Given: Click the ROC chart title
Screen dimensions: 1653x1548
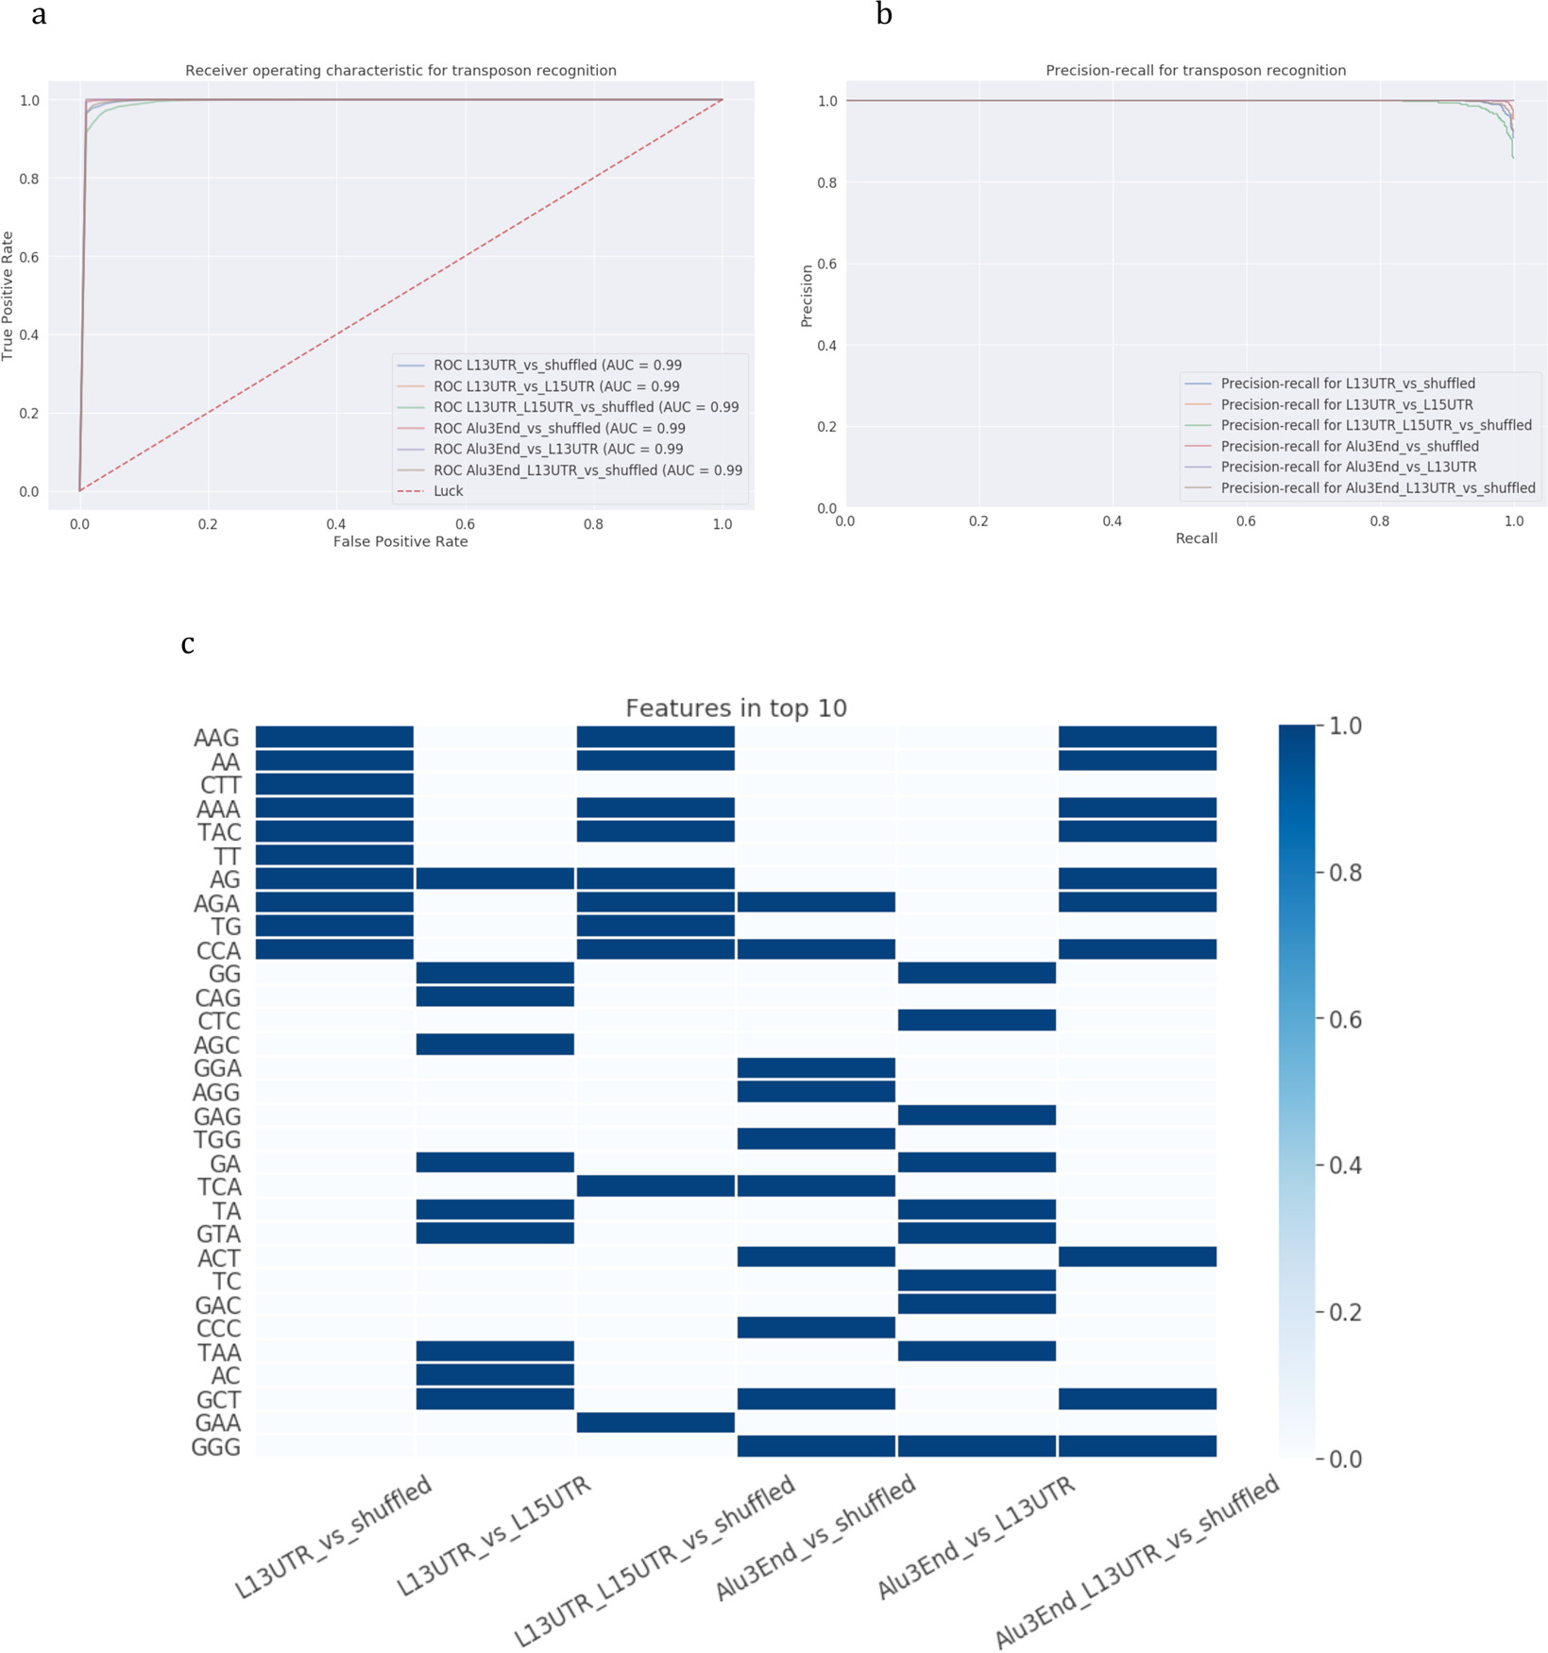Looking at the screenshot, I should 400,70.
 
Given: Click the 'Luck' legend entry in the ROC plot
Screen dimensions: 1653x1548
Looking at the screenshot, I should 448,491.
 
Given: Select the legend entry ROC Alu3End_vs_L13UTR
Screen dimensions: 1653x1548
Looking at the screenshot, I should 557,449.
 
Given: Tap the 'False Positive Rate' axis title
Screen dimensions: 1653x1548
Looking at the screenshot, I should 400,541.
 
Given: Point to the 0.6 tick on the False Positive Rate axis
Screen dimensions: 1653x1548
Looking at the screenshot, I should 465,523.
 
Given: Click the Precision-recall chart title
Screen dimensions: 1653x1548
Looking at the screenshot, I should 1196,70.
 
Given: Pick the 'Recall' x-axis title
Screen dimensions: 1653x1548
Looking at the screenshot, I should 1196,537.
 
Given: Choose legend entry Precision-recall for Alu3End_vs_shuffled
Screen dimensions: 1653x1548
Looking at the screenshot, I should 1349,446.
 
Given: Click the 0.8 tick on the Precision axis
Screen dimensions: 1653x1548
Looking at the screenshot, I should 826,182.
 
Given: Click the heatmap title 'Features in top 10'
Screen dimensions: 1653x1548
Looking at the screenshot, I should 736,707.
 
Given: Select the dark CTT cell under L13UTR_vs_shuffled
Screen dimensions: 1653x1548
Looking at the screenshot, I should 334,784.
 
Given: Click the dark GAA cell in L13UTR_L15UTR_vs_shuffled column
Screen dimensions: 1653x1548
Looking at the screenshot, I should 655,1422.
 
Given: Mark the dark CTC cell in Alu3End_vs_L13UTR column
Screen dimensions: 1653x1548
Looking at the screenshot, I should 977,1020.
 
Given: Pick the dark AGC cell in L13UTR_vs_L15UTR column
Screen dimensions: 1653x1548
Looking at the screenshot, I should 495,1044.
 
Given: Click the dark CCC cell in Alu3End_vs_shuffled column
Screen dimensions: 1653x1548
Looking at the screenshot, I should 816,1327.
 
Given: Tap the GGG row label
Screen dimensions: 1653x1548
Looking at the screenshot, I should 216,1447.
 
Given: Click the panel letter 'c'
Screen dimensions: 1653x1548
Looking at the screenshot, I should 188,643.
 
